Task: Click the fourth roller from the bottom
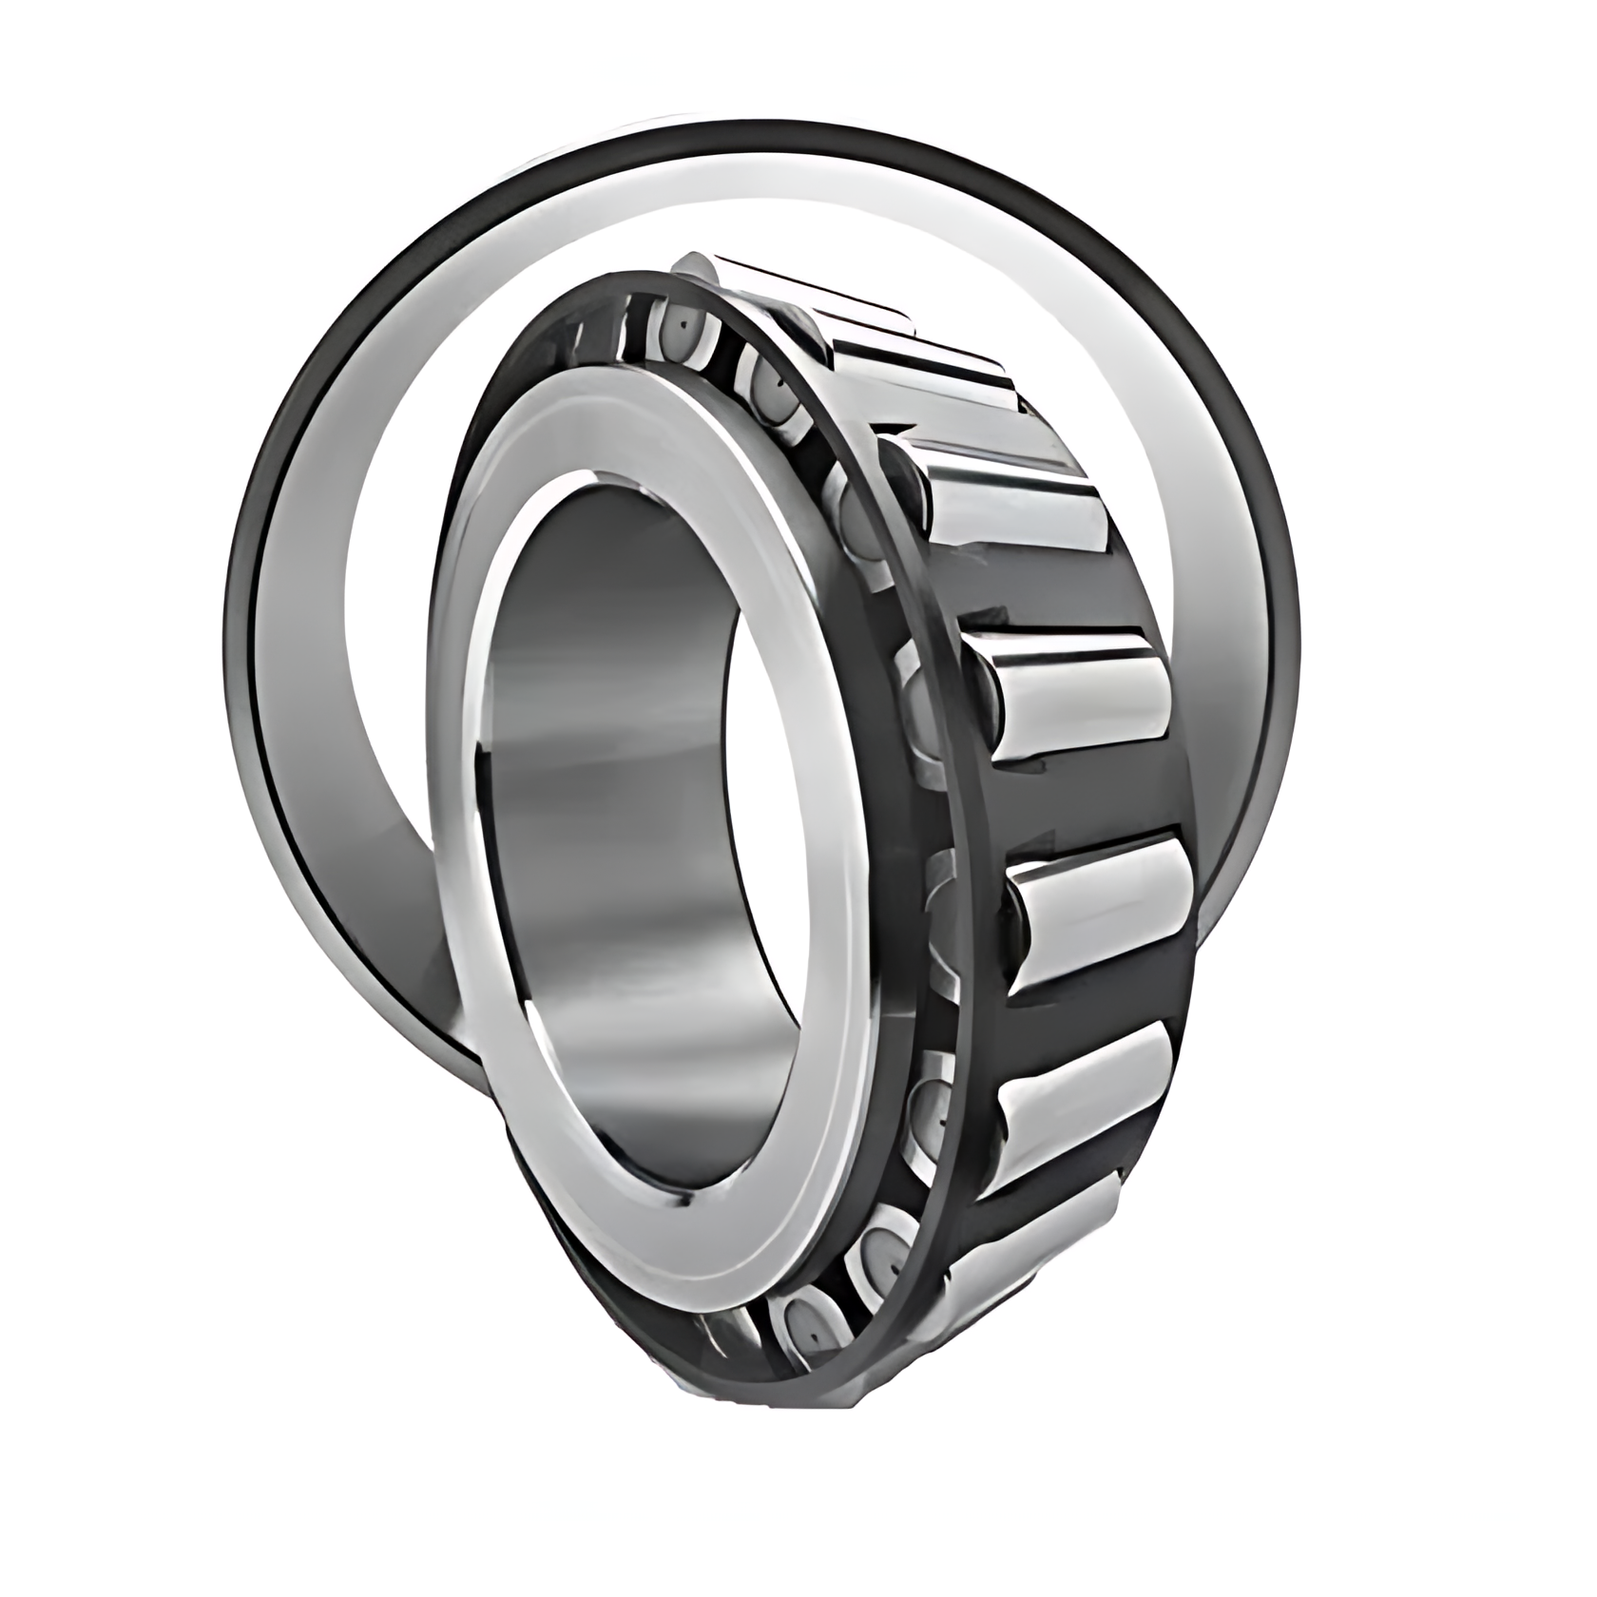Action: coord(1074,694)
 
